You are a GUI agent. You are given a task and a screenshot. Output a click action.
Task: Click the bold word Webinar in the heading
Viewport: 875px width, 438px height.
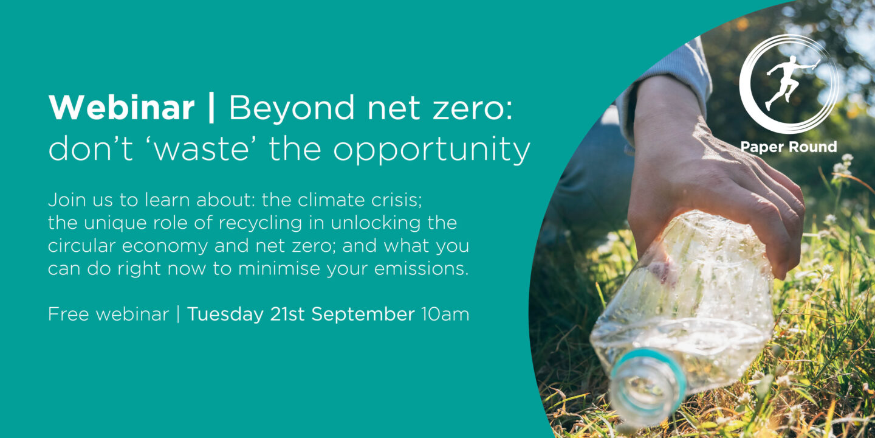(x=122, y=108)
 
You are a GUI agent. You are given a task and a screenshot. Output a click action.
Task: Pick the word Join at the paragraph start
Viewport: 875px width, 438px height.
(x=66, y=200)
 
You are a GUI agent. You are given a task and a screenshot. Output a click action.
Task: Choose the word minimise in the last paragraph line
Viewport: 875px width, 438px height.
(x=279, y=269)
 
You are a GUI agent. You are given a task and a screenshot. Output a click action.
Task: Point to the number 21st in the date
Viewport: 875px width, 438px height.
(x=287, y=314)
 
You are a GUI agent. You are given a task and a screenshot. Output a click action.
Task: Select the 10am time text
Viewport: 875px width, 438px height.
(x=445, y=315)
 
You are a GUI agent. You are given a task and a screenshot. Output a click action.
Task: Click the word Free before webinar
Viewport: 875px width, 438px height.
(x=69, y=314)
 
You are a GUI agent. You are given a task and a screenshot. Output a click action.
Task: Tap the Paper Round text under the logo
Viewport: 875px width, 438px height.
(x=789, y=147)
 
